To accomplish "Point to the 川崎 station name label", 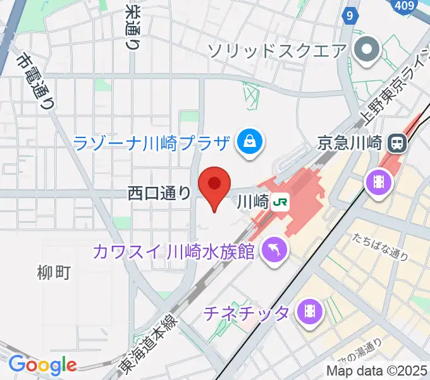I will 252,202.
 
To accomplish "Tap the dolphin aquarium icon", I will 275,248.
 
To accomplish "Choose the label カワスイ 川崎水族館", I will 173,252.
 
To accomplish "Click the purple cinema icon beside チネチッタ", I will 310,311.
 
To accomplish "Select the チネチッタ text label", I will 247,312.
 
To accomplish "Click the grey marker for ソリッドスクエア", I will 366,50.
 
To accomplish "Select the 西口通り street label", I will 159,193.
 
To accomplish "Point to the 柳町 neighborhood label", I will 54,272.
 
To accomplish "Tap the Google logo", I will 42,365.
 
